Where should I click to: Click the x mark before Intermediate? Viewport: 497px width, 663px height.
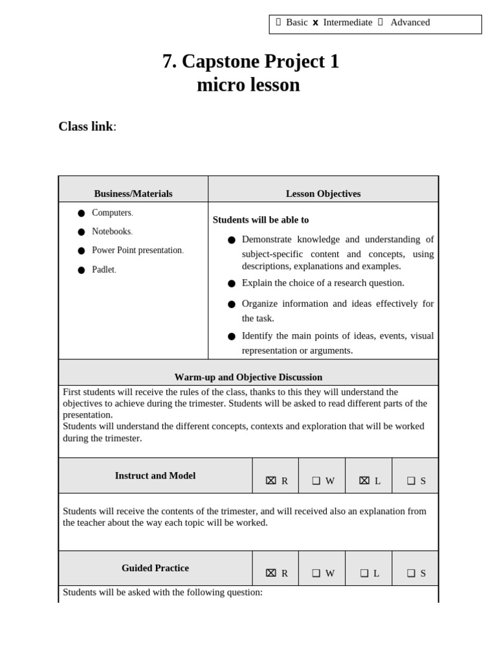[x=315, y=23]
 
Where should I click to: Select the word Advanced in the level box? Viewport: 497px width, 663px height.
[x=410, y=23]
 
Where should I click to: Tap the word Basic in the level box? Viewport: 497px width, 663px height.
[x=296, y=23]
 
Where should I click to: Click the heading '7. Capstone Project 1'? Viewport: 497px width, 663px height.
[x=250, y=62]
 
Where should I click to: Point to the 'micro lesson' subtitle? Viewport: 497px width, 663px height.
[x=248, y=85]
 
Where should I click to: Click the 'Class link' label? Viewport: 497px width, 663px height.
[x=86, y=126]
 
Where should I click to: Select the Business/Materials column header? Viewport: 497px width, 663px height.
[x=133, y=194]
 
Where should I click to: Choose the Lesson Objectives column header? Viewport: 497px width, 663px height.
[x=323, y=194]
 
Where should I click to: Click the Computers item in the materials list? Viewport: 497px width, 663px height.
[x=111, y=213]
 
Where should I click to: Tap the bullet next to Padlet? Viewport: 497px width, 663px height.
[x=82, y=270]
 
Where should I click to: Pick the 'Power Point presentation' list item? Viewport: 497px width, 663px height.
[x=137, y=251]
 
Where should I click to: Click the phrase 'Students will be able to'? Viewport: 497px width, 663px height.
[x=261, y=220]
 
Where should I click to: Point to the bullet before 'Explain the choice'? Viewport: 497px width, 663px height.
[x=232, y=284]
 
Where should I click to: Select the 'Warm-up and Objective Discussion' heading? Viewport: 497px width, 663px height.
[x=248, y=377]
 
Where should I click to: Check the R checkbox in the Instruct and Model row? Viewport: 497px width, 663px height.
[x=271, y=480]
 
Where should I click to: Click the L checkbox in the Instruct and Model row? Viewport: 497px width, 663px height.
[x=364, y=480]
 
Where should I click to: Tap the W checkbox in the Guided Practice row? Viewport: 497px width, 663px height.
[x=316, y=573]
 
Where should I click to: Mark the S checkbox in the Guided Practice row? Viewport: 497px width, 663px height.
[x=411, y=573]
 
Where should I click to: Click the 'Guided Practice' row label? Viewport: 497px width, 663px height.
[x=155, y=568]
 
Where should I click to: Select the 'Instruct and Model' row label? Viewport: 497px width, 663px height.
[x=155, y=475]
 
